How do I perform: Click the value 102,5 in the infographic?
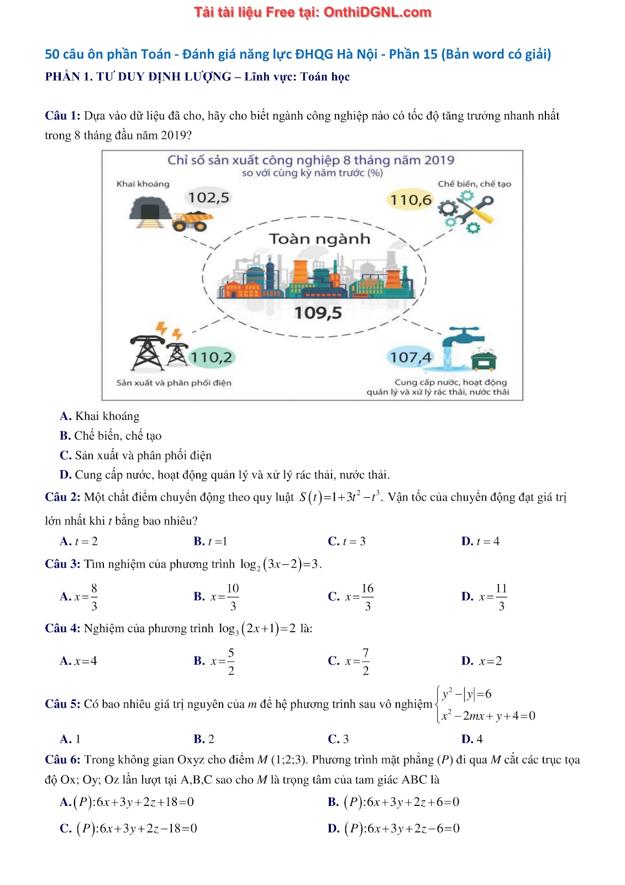coord(208,197)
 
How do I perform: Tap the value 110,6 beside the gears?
coord(411,200)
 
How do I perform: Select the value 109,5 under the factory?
coord(318,313)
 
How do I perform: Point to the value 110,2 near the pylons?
coord(211,357)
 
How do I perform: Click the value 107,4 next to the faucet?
coord(411,357)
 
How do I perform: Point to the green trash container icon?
coord(484,360)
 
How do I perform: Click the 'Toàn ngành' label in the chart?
coord(319,239)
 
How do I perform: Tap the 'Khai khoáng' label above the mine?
coord(143,184)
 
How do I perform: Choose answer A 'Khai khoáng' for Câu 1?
coord(99,416)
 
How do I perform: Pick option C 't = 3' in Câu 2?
coord(347,541)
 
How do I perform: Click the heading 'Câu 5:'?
coord(62,704)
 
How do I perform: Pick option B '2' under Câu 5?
coord(204,739)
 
